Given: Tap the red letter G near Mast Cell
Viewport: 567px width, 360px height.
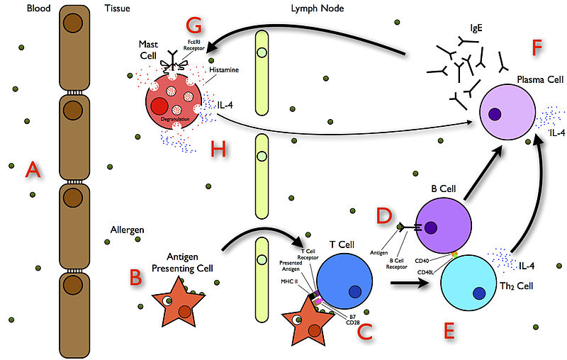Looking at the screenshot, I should click(x=194, y=27).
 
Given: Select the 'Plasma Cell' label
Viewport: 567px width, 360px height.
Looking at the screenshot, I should click(x=536, y=80).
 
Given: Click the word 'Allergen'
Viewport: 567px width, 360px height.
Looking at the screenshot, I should click(x=128, y=230).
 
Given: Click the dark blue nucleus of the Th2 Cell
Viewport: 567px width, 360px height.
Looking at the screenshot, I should click(x=479, y=293).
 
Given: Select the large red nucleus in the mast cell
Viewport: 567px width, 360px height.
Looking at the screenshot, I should click(x=159, y=108).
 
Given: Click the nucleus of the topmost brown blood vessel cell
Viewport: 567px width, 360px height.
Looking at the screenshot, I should click(x=72, y=21).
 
